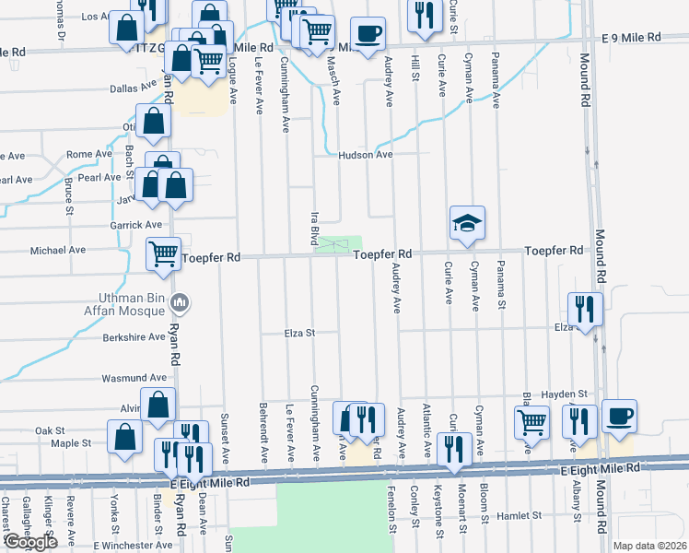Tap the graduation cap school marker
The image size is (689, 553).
pos(467,223)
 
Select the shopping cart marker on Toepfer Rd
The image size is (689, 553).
pos(165,253)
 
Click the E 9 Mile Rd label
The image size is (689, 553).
pos(632,38)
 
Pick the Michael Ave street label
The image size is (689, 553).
pos(58,250)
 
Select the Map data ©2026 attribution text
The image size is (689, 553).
pos(649,546)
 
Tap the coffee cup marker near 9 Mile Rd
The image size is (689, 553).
pos(368,34)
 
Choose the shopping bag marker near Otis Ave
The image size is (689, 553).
pos(153,122)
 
